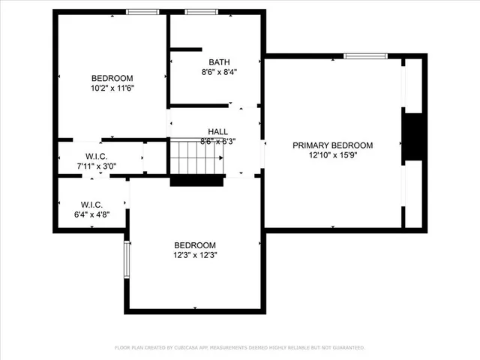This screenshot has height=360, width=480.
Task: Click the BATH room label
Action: pos(220,62)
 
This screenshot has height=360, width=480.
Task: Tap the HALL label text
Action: pos(217,131)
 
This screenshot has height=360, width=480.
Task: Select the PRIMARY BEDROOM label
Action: pos(332,145)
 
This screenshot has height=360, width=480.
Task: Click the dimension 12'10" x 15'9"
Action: pos(332,156)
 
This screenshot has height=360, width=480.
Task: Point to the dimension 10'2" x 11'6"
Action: pos(112,88)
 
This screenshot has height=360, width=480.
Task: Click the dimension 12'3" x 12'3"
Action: pos(195,255)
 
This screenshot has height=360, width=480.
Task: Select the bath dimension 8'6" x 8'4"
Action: pos(220,73)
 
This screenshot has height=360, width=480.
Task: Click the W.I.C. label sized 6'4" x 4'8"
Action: pos(91,205)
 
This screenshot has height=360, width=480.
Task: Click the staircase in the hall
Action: pos(197,157)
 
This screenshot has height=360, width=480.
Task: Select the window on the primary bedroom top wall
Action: pos(365,56)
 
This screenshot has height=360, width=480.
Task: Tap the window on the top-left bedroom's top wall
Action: pos(142,12)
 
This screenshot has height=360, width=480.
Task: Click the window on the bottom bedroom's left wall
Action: pos(127,259)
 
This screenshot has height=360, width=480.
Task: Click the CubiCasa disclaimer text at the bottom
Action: pos(239,348)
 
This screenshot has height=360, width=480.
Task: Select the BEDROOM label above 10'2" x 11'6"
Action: pos(112,78)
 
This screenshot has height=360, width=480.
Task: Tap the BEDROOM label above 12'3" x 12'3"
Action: pos(195,245)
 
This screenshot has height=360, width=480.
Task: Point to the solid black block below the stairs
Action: pos(197,180)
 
